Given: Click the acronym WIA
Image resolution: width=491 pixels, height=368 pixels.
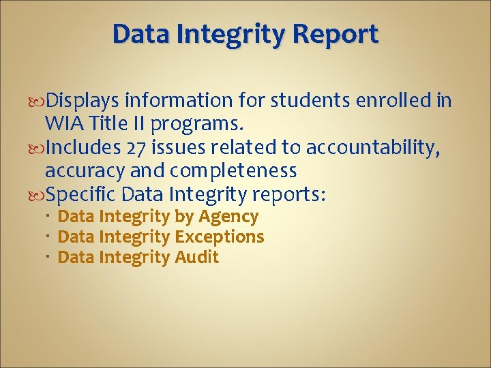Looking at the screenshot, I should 63,124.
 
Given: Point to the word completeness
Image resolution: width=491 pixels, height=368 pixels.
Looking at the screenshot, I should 239,170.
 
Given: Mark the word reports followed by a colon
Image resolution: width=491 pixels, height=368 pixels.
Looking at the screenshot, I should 289,195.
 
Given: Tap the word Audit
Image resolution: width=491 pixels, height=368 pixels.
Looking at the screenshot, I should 196,257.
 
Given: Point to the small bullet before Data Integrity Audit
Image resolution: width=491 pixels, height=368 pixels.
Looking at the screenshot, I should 50,257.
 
